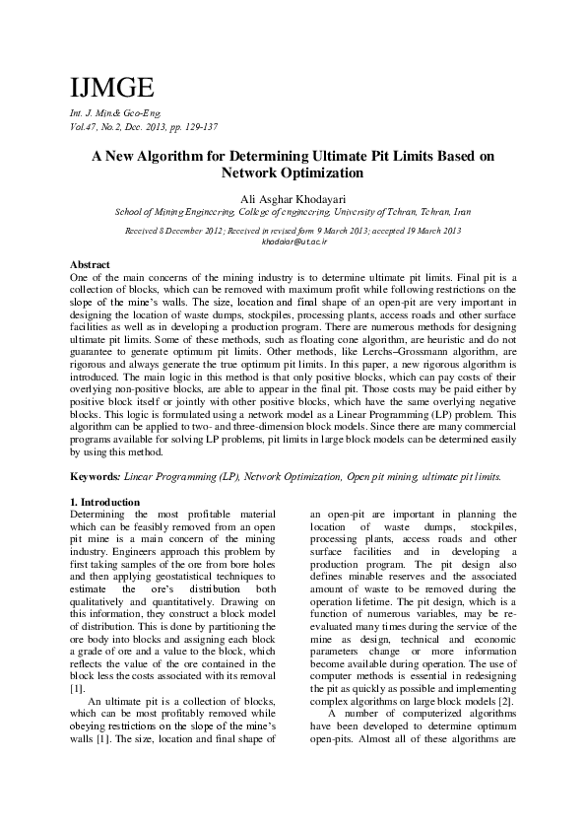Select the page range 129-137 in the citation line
[x=198, y=127]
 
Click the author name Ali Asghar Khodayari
[x=293, y=198]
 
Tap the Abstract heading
[x=90, y=266]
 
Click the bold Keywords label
[x=96, y=476]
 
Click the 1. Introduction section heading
[x=107, y=503]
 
